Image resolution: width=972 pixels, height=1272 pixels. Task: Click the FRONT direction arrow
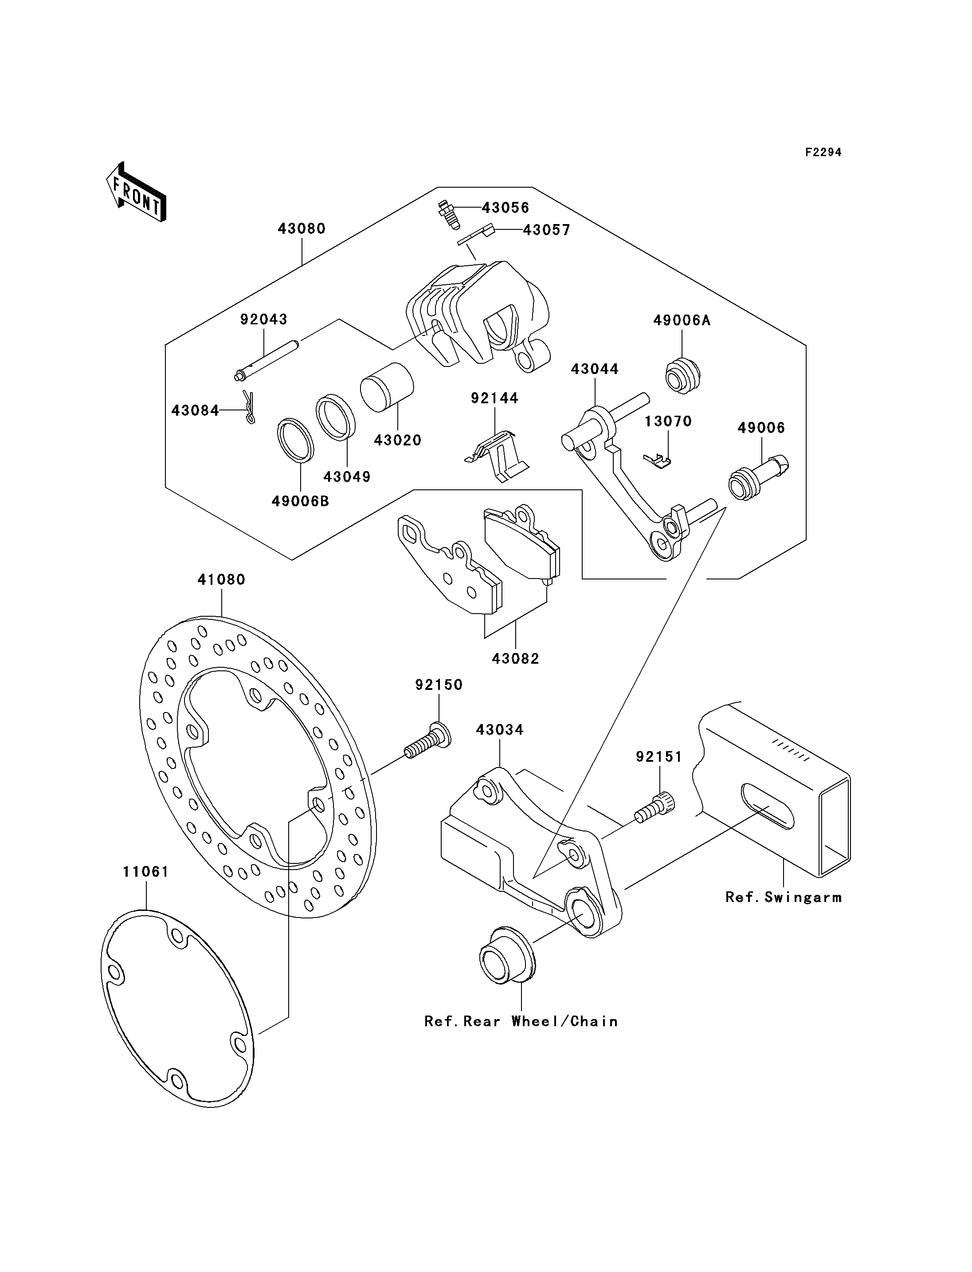click(x=137, y=193)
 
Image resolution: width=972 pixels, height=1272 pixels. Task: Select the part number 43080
click(x=302, y=228)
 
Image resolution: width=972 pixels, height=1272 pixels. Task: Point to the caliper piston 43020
click(x=387, y=387)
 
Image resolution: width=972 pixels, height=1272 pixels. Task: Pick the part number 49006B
click(x=300, y=501)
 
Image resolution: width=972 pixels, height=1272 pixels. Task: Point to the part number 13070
click(x=668, y=421)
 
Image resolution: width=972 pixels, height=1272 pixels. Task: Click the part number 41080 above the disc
click(x=222, y=579)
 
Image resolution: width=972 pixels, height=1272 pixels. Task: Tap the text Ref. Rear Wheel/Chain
click(x=521, y=1021)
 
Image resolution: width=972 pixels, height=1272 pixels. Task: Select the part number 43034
click(x=500, y=730)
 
